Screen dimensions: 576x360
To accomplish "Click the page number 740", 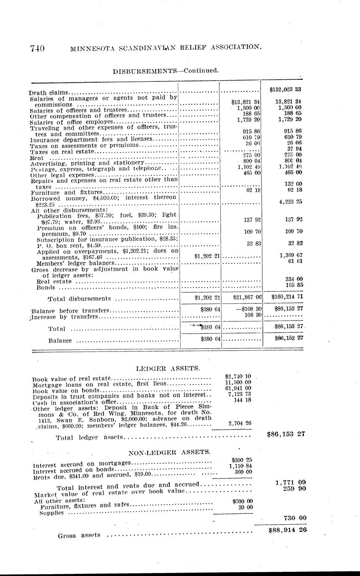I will pos(37,48).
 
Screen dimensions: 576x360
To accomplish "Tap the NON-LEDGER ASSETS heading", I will pos(169,452).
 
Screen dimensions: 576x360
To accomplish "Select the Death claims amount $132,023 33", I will pos(285,89).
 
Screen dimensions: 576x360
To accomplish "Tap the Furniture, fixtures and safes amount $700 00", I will pos(242,501).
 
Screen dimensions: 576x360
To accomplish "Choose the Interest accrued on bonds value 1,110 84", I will pos(240,466).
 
